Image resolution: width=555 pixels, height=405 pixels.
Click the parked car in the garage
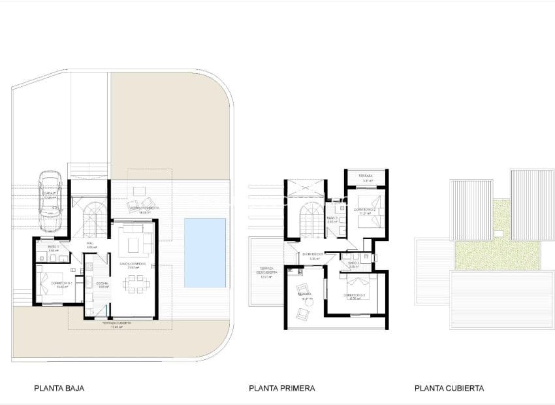tap(50, 202)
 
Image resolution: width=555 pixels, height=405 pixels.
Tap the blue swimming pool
tap(205, 253)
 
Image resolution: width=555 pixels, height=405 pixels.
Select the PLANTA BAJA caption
tap(59, 388)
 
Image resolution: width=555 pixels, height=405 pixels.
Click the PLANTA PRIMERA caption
tap(281, 388)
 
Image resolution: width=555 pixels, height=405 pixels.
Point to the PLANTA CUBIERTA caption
tap(449, 388)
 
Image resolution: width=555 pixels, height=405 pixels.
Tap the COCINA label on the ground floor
tap(103, 284)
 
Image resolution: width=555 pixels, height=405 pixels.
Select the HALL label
tap(91, 246)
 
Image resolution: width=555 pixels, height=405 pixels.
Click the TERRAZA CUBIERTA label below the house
tap(117, 325)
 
